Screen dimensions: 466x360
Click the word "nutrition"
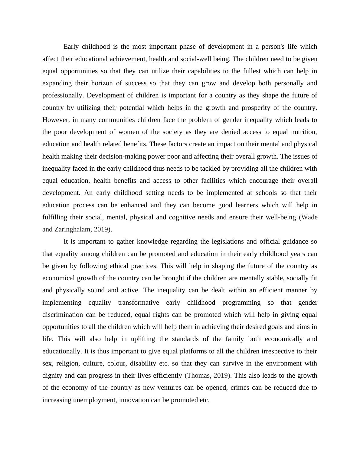click(x=304, y=132)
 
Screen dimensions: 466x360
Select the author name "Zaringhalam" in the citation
click(x=73, y=229)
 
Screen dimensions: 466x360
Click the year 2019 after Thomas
click(x=221, y=376)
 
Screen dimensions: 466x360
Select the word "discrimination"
click(x=62, y=315)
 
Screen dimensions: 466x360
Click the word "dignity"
click(x=52, y=376)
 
